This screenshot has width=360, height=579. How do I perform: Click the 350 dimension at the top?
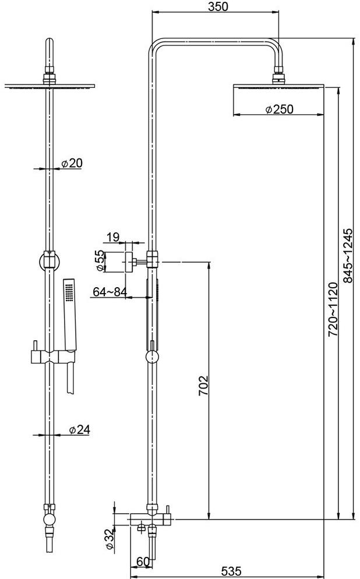click(216, 6)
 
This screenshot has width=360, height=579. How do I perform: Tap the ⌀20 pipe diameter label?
click(72, 164)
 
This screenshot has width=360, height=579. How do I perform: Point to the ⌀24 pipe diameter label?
click(79, 429)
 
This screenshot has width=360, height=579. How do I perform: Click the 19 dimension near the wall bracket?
click(112, 236)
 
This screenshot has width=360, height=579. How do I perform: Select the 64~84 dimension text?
click(110, 292)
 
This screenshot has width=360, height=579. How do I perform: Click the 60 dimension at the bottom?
click(142, 562)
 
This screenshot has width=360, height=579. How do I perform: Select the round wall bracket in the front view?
click(49, 260)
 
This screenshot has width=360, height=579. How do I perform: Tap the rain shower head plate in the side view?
click(278, 87)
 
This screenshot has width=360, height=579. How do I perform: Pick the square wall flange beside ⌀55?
click(129, 260)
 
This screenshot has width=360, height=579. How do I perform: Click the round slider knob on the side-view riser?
click(151, 356)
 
